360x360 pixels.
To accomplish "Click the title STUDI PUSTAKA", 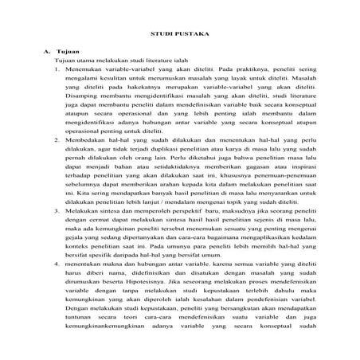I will click(x=179, y=35).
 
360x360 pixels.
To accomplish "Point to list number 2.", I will click(x=57, y=139).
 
